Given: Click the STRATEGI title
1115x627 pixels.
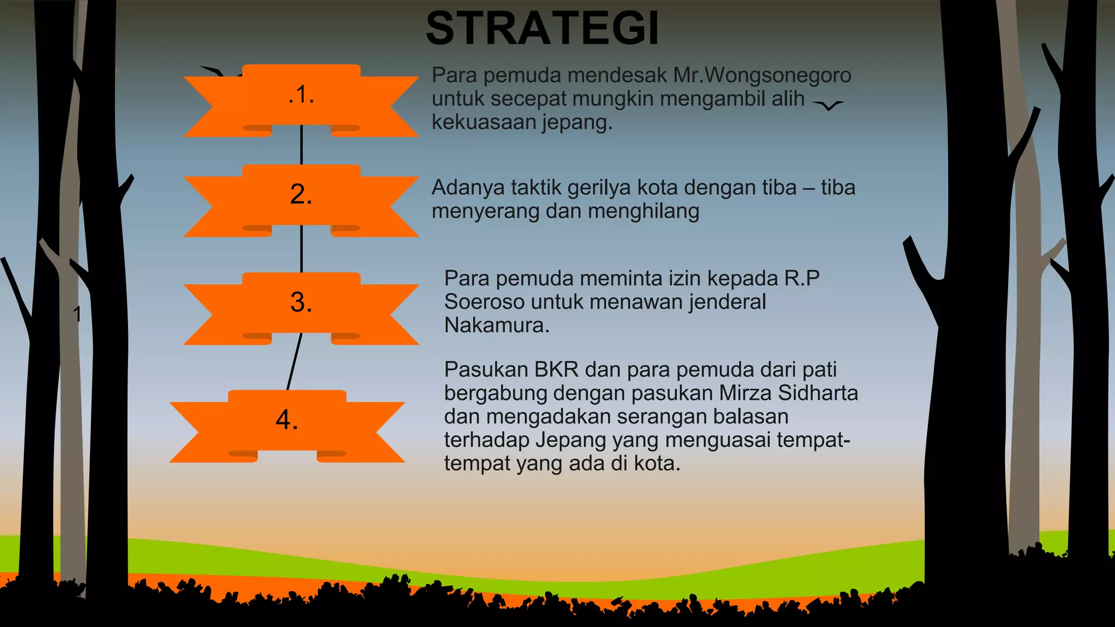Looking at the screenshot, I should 542,28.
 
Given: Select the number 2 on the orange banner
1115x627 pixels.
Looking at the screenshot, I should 301,194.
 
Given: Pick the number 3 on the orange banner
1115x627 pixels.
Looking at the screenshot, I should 301,302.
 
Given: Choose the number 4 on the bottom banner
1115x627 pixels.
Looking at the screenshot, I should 287,420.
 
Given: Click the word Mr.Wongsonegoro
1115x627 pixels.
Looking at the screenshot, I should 762,75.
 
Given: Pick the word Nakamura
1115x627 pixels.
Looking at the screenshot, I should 496,325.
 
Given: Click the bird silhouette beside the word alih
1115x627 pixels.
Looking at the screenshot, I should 828,105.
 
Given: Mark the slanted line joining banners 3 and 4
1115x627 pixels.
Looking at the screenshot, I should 294,362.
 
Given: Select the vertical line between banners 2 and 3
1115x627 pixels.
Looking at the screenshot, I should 302,249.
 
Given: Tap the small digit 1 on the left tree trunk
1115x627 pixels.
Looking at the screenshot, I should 77,314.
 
